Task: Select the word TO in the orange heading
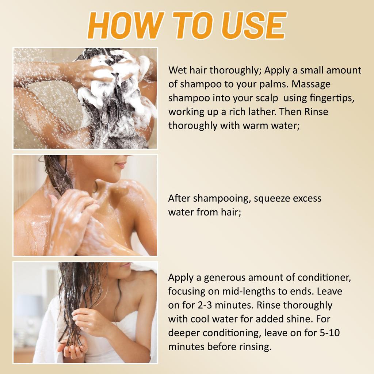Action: point(193,25)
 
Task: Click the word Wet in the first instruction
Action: point(178,70)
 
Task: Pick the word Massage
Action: point(311,84)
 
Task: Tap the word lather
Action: point(262,112)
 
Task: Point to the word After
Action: point(179,198)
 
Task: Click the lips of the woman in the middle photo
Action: point(121,165)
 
